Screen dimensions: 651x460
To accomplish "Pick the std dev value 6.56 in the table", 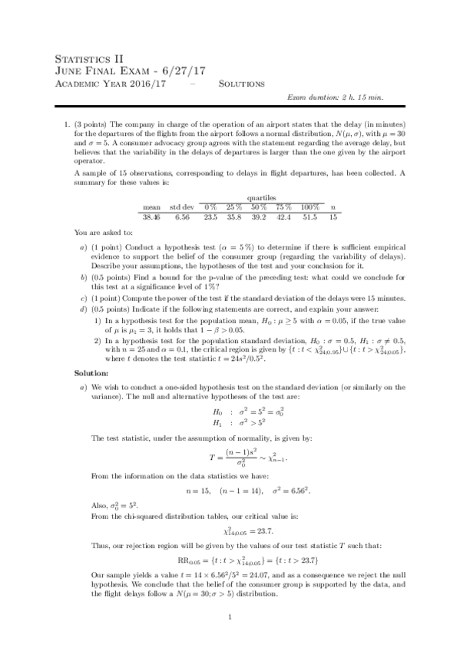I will tap(181, 217).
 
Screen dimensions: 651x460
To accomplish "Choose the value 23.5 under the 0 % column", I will tap(210, 217).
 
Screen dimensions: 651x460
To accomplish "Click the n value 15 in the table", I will tap(333, 217).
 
